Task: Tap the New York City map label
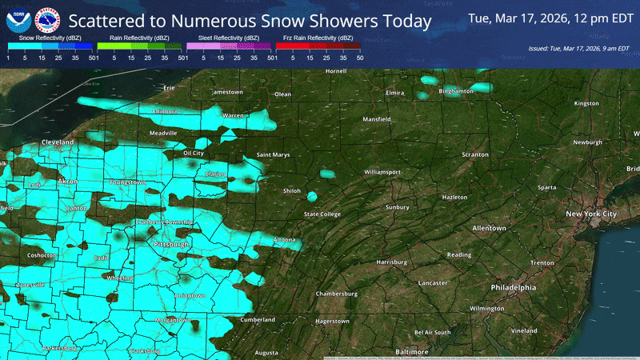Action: click(x=591, y=214)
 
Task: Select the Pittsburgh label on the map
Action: click(x=170, y=243)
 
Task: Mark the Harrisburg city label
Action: click(x=392, y=262)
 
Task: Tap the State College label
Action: click(x=322, y=214)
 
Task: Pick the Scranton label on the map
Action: click(x=474, y=154)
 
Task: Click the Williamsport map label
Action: click(x=382, y=172)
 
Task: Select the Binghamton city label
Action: click(x=457, y=92)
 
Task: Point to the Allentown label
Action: click(x=489, y=228)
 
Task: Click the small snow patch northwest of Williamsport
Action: click(x=327, y=173)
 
